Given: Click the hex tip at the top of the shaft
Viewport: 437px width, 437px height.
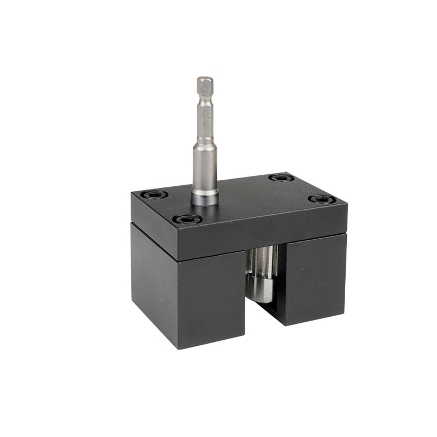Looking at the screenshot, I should [204, 84].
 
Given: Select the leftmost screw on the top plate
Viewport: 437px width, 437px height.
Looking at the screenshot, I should [153, 194].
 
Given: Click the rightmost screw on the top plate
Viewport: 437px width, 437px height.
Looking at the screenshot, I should [321, 199].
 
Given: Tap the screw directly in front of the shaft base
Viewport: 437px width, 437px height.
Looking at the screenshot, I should [187, 220].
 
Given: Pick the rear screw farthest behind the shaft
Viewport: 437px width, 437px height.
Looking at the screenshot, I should [281, 178].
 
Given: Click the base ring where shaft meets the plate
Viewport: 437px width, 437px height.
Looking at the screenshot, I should [205, 199].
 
